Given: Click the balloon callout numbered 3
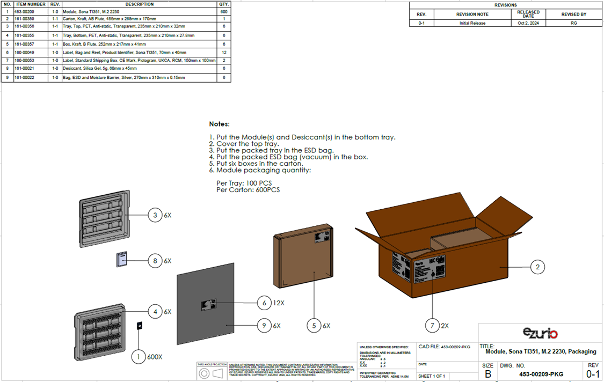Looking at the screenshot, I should point(156,215).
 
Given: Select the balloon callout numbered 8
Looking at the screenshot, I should point(156,261).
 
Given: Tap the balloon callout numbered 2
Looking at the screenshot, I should point(537,266).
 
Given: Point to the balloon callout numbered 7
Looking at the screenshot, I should point(433,325).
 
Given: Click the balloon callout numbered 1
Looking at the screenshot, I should point(139,356).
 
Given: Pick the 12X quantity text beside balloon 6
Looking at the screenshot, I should point(278,303).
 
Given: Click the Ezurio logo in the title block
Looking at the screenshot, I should point(541,333).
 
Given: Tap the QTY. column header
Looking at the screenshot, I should point(223,4).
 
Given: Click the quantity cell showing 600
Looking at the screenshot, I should point(223,11).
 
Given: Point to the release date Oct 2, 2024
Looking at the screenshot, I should point(528,23).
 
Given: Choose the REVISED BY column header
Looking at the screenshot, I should point(573,14).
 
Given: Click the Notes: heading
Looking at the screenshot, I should point(219,124).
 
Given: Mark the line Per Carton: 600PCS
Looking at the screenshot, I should point(248,190).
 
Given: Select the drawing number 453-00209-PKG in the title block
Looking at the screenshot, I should point(537,374).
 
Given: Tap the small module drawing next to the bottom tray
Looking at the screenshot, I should point(139,326).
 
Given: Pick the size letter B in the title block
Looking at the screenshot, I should point(487,373).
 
